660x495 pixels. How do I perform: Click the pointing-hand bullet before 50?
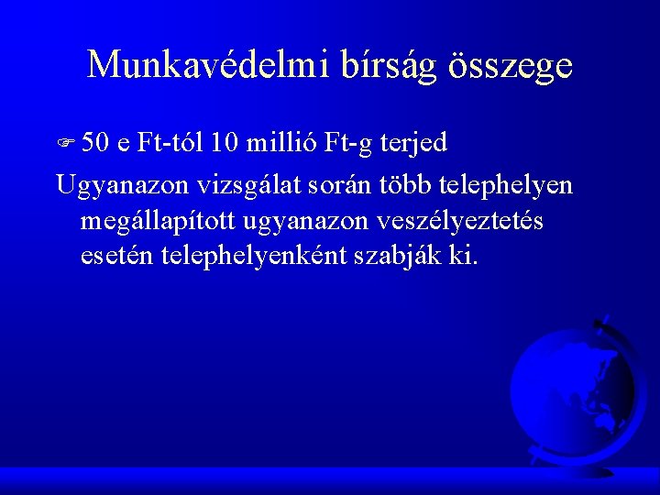point(67,144)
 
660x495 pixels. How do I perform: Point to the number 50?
point(94,143)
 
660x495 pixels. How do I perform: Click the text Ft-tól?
point(171,143)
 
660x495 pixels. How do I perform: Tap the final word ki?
point(463,256)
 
